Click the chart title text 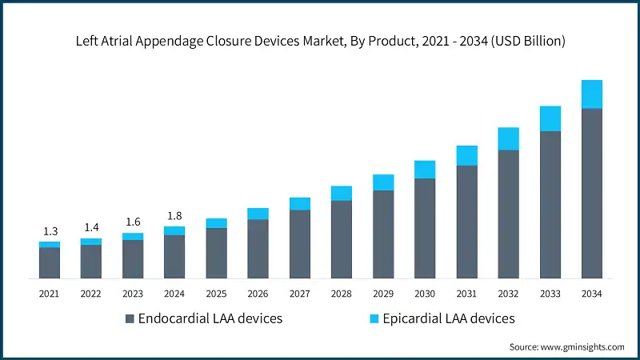pos(320,42)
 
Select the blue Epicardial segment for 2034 pos(592,94)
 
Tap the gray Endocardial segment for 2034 pos(592,193)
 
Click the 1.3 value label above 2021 pos(50,231)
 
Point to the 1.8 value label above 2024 pos(174,216)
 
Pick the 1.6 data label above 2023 pos(133,222)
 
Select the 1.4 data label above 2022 pos(91,228)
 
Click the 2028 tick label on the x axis pos(342,294)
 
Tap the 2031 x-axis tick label pos(466,294)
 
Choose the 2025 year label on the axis pos(216,294)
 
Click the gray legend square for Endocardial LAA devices pos(130,319)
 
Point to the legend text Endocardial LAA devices pos(210,318)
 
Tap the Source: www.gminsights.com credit pos(566,346)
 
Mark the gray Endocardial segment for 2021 pos(50,262)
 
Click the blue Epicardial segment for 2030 pos(425,169)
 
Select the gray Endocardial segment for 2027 pos(300,244)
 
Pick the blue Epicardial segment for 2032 pos(509,138)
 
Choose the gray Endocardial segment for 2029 pos(383,234)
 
